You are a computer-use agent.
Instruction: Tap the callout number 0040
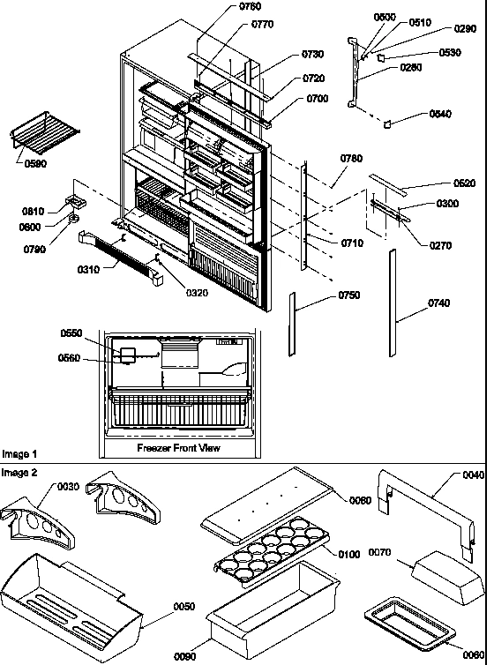473,474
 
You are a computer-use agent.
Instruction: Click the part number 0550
71,332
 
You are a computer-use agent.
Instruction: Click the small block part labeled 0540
385,125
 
